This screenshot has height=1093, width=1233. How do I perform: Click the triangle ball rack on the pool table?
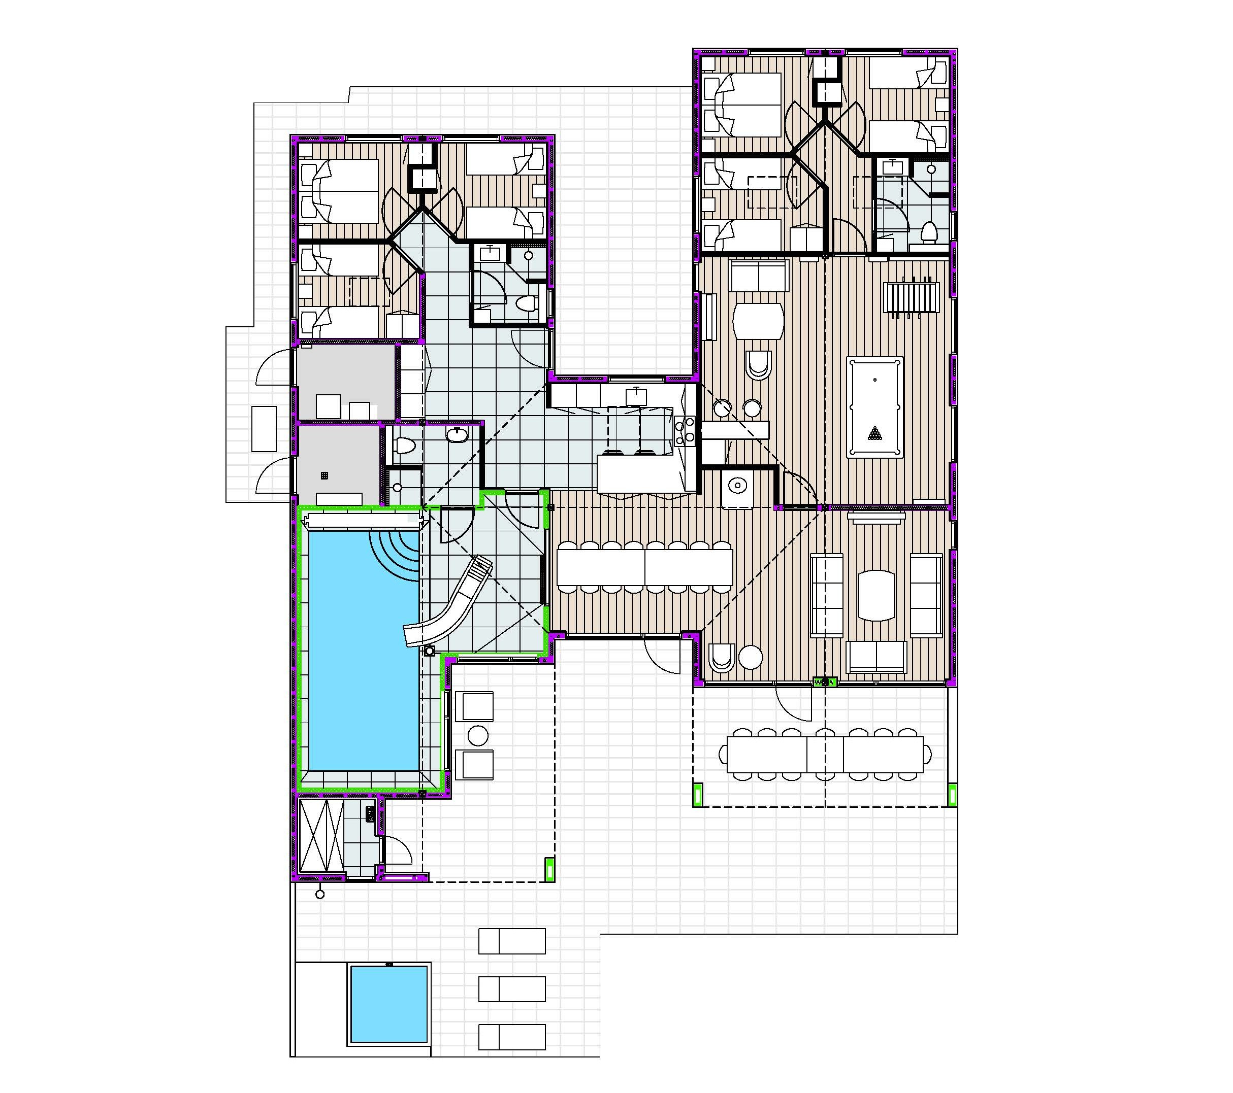[874, 433]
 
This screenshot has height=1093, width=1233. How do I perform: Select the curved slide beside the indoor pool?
[449, 603]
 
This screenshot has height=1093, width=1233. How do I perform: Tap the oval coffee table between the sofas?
[877, 595]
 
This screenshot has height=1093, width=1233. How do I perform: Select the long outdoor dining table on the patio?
[825, 754]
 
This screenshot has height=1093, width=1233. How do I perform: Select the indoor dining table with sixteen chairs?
[644, 567]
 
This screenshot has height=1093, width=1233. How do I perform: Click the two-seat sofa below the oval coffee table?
[877, 656]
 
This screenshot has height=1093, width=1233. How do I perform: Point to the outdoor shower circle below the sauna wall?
[320, 895]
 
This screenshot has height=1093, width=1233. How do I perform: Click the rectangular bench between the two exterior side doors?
[264, 429]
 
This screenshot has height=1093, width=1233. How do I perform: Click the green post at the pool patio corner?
[549, 870]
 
